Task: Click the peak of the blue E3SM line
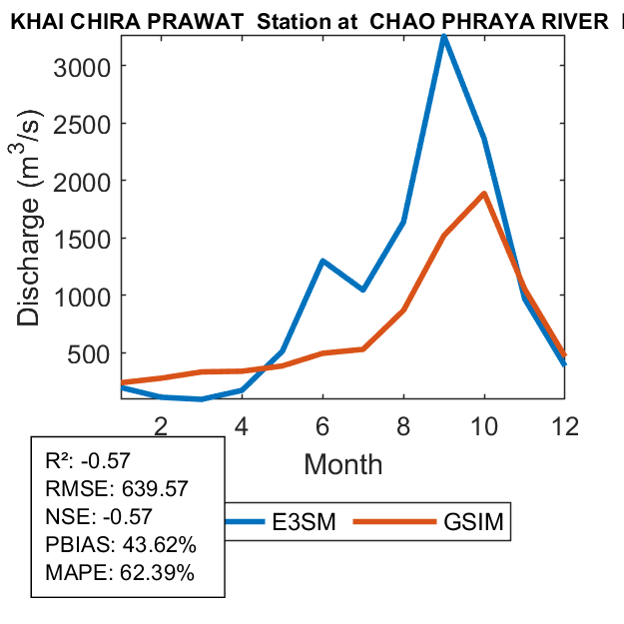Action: coord(443,37)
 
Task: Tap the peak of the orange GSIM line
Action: coord(484,194)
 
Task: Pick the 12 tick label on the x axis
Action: coord(564,425)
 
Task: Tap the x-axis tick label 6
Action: coord(322,425)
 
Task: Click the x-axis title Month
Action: coord(342,464)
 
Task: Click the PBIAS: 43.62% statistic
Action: coord(121,546)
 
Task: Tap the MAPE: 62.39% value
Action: coord(120,574)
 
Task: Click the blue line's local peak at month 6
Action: coord(322,261)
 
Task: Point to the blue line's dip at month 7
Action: coord(362,290)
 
